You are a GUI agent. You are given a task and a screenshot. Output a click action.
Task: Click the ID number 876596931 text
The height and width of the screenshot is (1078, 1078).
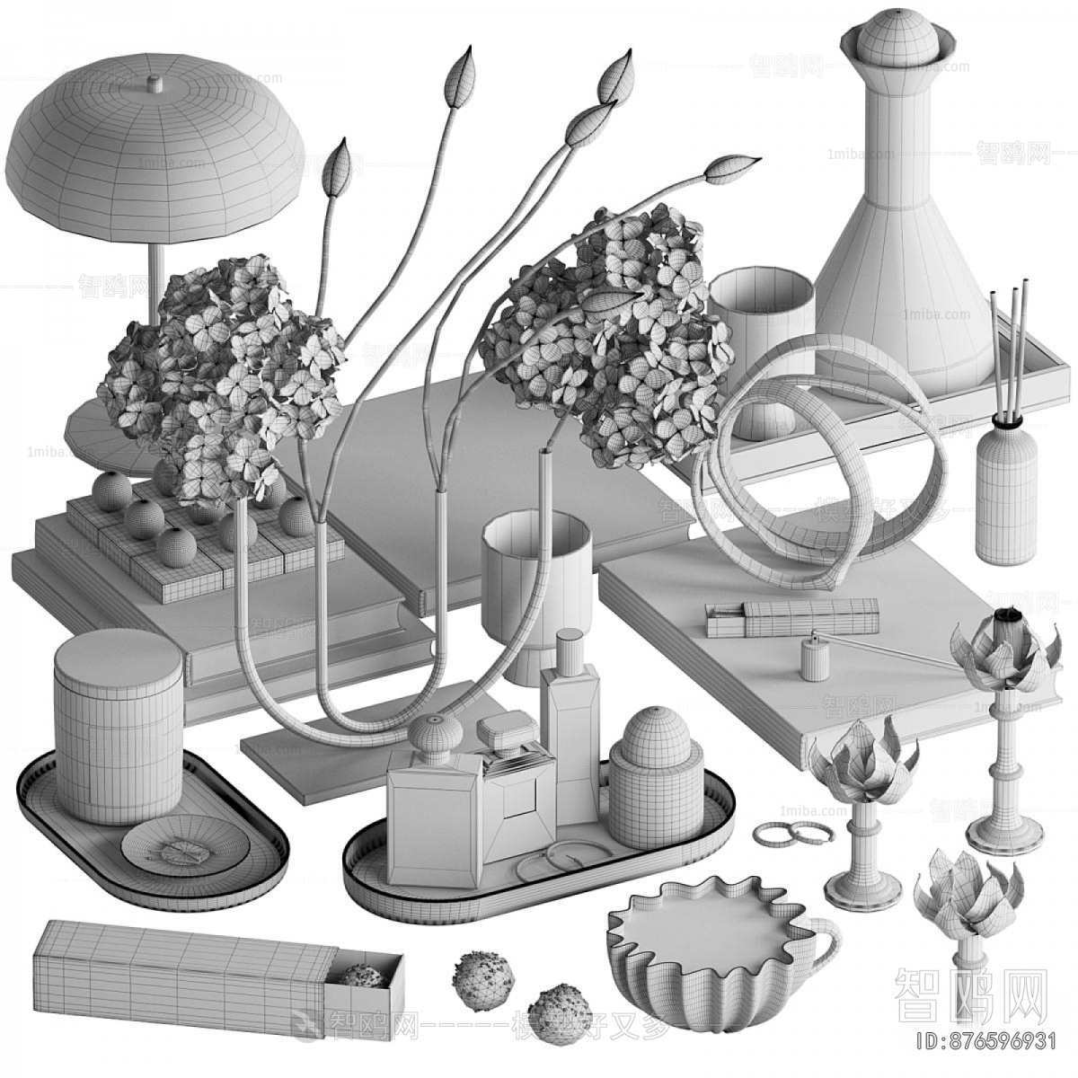pos(983,1043)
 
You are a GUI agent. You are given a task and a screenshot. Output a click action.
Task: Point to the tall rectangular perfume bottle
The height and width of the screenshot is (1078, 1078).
pos(570,710)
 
